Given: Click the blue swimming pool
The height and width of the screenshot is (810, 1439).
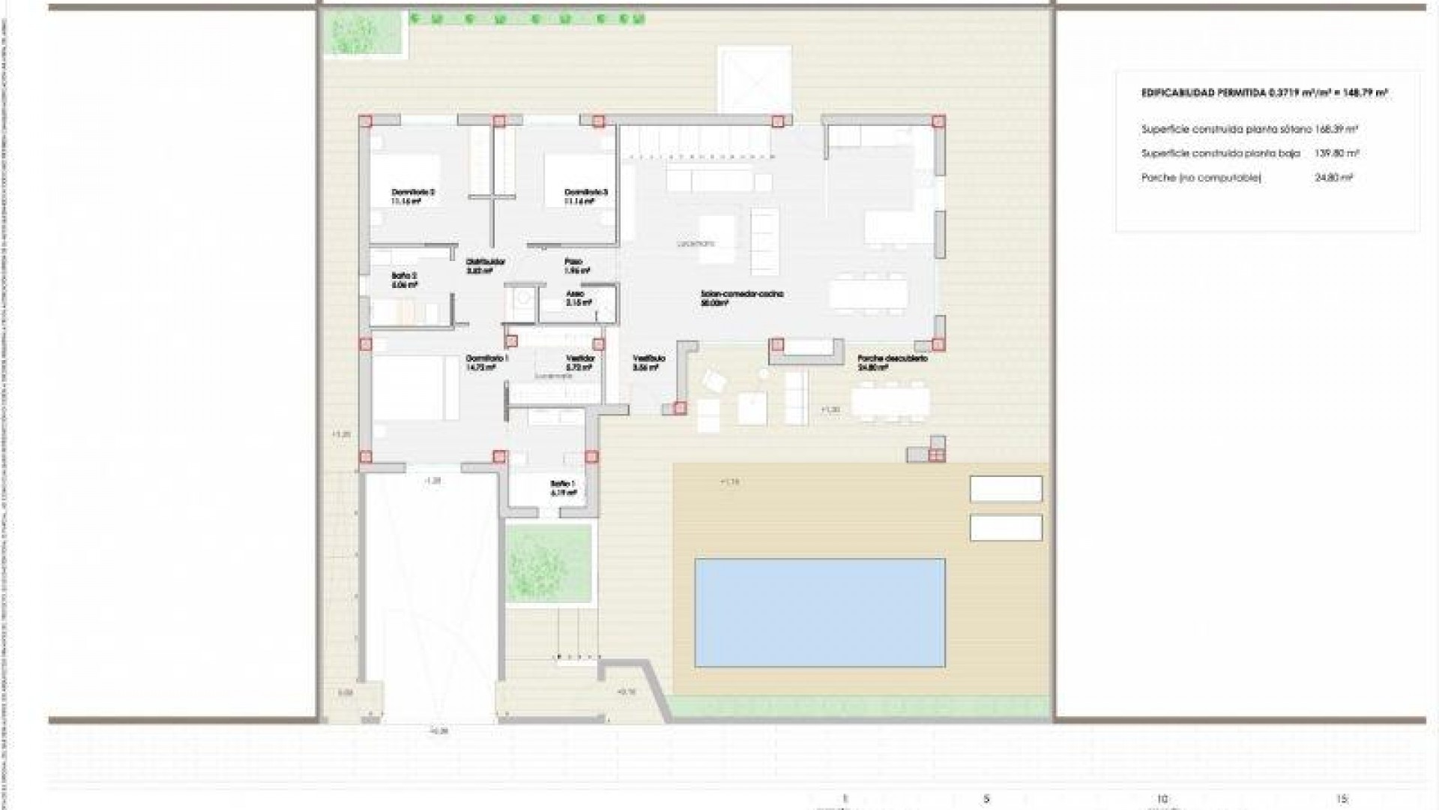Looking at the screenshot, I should click(819, 612).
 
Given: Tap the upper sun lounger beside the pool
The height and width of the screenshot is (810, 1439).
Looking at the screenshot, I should click(1006, 489).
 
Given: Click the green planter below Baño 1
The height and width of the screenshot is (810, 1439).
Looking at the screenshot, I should click(549, 564).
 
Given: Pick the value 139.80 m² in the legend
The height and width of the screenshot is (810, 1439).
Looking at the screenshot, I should click(1336, 153).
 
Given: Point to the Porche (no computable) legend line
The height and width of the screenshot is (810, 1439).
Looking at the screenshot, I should click(1201, 178).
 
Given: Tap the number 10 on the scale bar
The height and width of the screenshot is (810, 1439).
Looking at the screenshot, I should click(1162, 799).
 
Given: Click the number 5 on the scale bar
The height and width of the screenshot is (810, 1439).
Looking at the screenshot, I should click(986, 799).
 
